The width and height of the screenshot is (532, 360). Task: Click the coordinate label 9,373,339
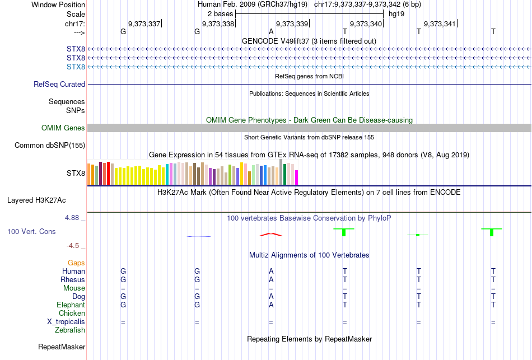point(292,24)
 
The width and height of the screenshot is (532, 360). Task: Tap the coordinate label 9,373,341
point(440,24)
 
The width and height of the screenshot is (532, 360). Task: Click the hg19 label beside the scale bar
point(396,13)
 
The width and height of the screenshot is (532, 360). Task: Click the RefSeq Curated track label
point(59,85)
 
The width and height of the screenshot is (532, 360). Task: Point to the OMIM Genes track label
point(63,128)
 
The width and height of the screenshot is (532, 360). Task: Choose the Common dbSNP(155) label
point(50,146)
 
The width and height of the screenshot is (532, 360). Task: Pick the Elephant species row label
point(71,305)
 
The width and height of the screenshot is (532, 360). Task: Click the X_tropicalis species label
point(66,322)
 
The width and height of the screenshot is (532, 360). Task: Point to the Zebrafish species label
point(70,330)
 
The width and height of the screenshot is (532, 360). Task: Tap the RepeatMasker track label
point(62,347)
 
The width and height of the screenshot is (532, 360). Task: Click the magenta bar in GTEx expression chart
point(296,177)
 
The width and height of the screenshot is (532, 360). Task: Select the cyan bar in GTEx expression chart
point(167,174)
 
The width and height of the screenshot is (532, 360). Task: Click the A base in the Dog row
point(271,296)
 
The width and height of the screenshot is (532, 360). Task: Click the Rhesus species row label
point(73,279)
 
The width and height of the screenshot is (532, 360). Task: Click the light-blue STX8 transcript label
point(76,67)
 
